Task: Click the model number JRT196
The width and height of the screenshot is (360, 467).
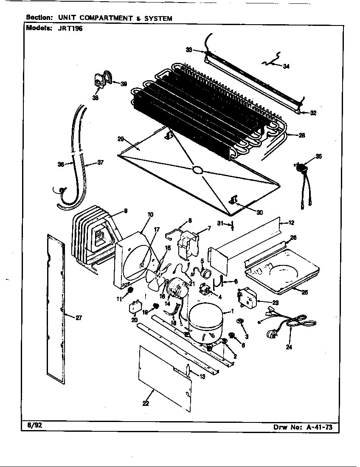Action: point(67,29)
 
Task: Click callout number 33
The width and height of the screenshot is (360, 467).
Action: point(189,50)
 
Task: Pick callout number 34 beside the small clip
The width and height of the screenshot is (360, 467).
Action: point(286,66)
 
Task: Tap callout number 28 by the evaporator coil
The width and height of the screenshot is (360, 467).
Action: point(302,135)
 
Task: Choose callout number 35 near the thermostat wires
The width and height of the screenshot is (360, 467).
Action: point(318,156)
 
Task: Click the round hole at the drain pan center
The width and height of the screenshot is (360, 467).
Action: point(197,170)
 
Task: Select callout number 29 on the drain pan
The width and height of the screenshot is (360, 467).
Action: point(121,138)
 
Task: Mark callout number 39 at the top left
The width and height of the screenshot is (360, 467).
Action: point(124,84)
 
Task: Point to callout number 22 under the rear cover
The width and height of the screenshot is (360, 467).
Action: point(146,403)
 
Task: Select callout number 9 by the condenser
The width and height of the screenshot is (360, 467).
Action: point(126,211)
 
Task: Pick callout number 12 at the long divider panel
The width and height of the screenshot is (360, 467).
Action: point(291,223)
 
